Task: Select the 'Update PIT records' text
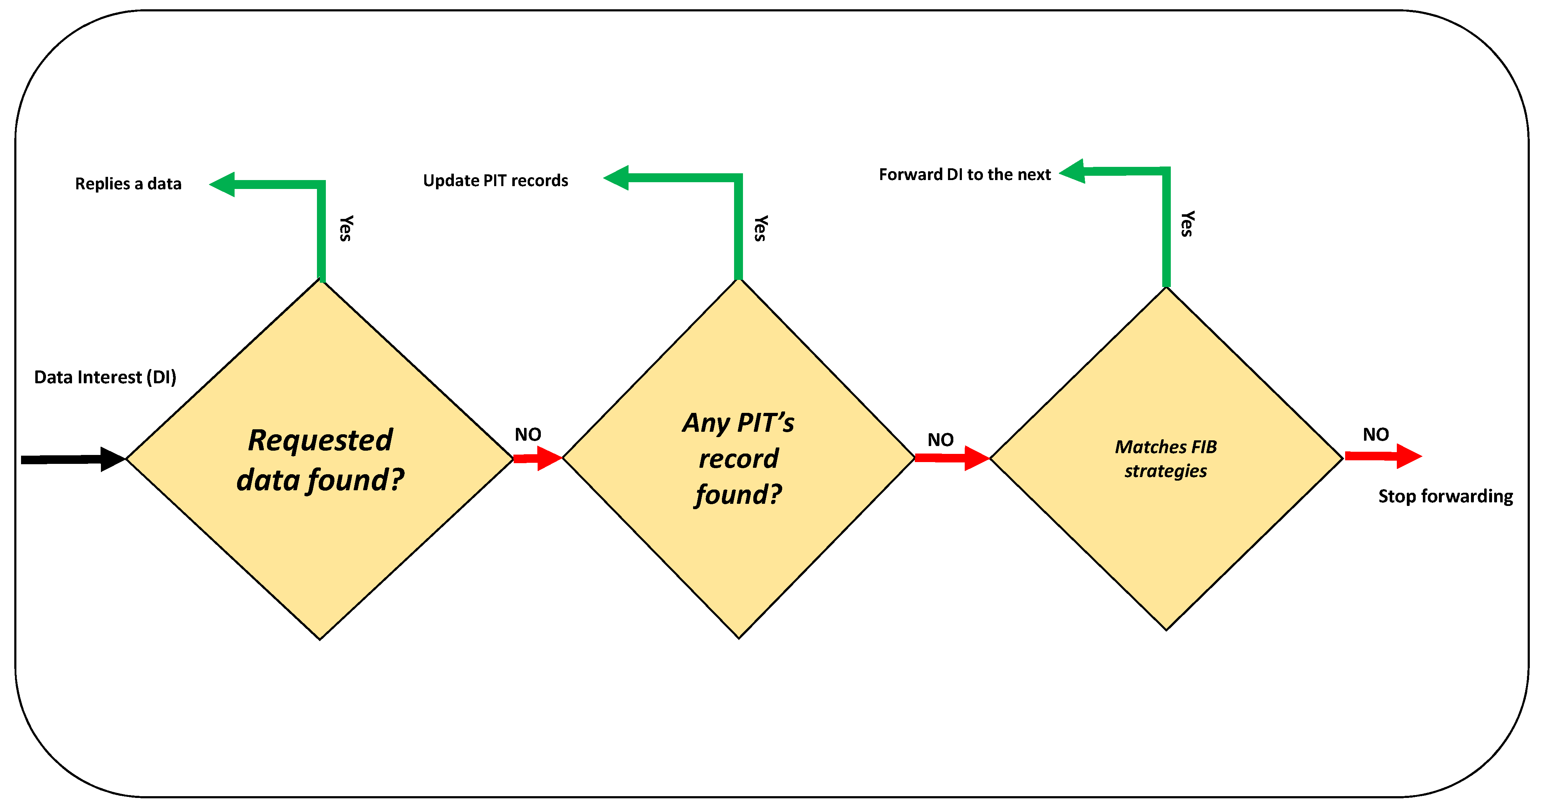tap(495, 180)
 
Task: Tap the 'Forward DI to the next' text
tap(964, 174)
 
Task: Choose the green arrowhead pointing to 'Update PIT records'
tap(617, 178)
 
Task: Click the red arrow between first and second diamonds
tap(537, 459)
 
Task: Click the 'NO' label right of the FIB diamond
tap(1376, 435)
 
